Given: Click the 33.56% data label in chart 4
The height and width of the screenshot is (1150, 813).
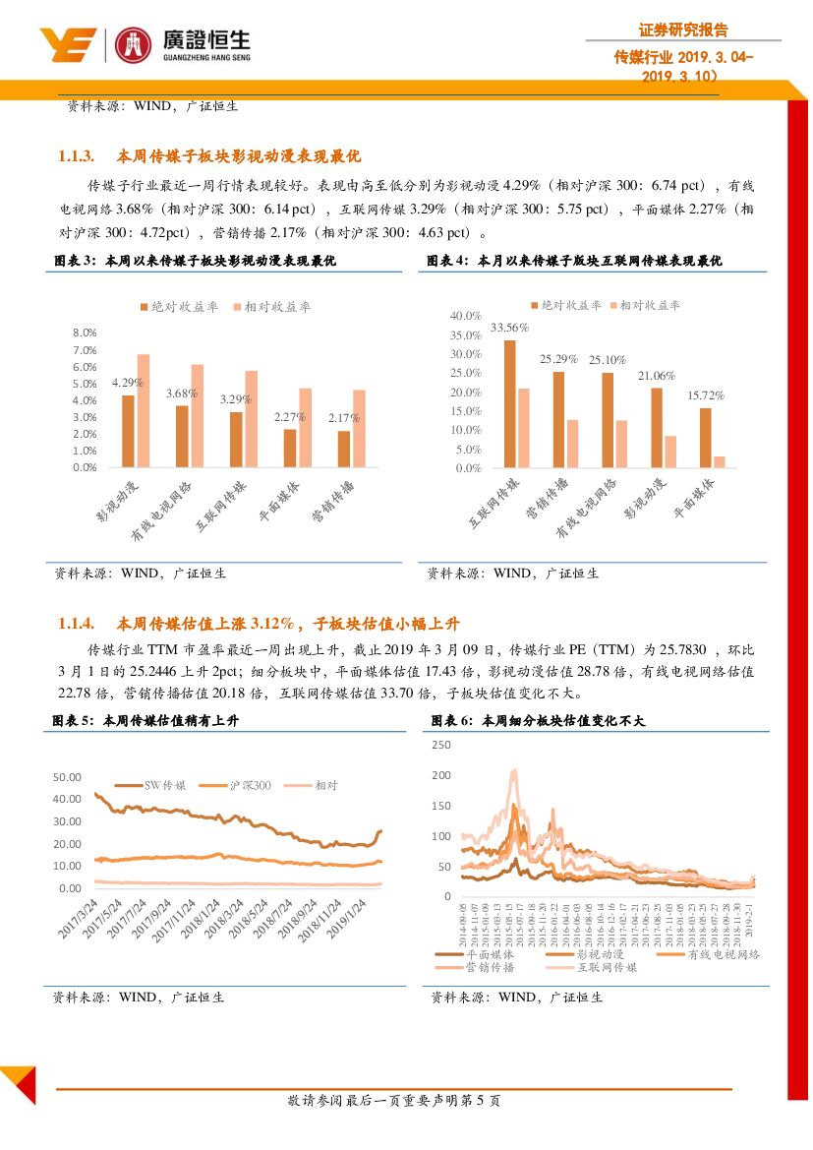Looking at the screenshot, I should click(x=509, y=328).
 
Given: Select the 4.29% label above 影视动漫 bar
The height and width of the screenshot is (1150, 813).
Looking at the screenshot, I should click(x=128, y=382).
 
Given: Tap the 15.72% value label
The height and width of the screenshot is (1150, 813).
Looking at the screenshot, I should click(x=705, y=395).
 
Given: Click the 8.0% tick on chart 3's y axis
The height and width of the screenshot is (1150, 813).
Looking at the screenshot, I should click(x=85, y=333).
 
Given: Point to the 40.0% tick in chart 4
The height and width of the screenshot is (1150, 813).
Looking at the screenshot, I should click(x=464, y=316).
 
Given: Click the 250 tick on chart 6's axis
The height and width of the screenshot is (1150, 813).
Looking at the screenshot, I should click(x=441, y=746).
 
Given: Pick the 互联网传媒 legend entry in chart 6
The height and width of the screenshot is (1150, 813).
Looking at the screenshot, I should click(x=607, y=968).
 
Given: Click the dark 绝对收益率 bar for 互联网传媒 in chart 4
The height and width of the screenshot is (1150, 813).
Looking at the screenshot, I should click(x=509, y=403).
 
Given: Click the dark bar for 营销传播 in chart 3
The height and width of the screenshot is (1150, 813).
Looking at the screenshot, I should click(x=343, y=449).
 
